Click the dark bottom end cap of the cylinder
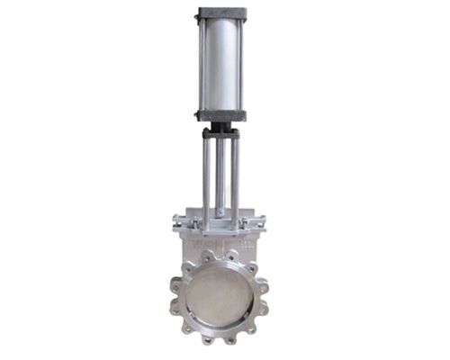[x=220, y=114]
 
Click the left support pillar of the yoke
[x=205, y=175]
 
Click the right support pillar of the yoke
[x=235, y=175]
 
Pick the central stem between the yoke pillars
[x=220, y=171]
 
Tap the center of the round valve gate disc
[x=220, y=298]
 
